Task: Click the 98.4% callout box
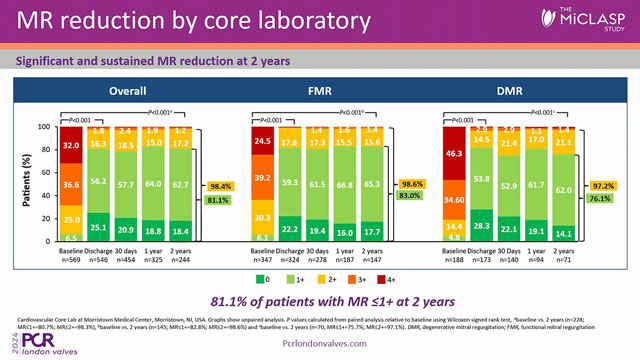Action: coord(221,186)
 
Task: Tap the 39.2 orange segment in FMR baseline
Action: coord(264,177)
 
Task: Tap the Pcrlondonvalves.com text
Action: coord(319,340)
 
